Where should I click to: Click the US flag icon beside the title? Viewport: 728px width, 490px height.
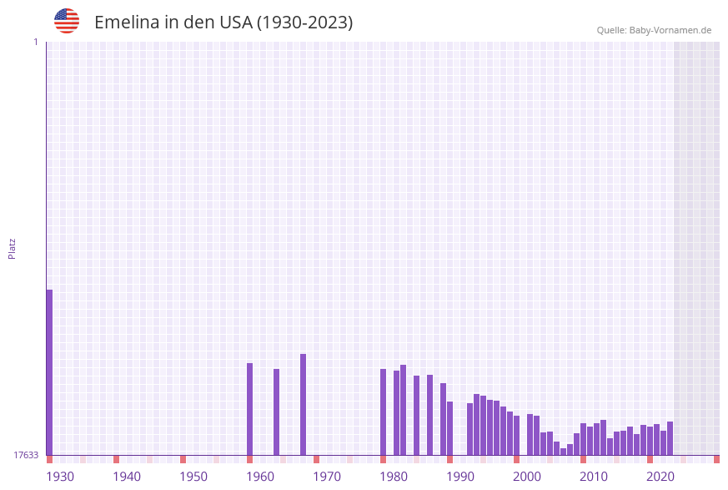pyautogui.click(x=67, y=21)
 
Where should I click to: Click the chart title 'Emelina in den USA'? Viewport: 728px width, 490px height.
pyautogui.click(x=223, y=23)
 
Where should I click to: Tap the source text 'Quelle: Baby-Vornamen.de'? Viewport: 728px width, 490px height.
pyautogui.click(x=654, y=30)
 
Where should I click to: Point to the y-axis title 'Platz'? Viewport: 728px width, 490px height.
pyautogui.click(x=13, y=248)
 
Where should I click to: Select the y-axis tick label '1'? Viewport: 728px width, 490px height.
pyautogui.click(x=35, y=42)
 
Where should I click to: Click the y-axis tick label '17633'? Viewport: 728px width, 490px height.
pyautogui.click(x=26, y=455)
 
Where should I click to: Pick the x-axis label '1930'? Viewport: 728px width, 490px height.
pyautogui.click(x=60, y=477)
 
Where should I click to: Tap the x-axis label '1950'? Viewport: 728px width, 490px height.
pyautogui.click(x=193, y=477)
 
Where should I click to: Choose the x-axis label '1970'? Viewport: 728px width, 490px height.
pyautogui.click(x=327, y=477)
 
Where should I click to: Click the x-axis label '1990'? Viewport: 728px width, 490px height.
pyautogui.click(x=460, y=477)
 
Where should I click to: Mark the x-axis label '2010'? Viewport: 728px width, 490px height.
pyautogui.click(x=594, y=477)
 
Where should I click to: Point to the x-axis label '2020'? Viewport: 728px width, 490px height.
pyautogui.click(x=660, y=477)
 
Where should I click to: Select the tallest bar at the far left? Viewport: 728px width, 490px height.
pyautogui.click(x=49, y=372)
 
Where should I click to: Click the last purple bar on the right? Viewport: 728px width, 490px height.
pyautogui.click(x=670, y=438)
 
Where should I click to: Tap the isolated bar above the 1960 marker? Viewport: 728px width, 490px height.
pyautogui.click(x=249, y=409)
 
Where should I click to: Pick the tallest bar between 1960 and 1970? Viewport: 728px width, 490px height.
pyautogui.click(x=303, y=405)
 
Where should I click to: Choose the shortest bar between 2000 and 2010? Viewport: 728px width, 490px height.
pyautogui.click(x=563, y=452)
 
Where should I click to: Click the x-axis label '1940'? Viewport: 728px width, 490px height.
pyautogui.click(x=127, y=477)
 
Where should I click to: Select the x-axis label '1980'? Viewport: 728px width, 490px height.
pyautogui.click(x=394, y=477)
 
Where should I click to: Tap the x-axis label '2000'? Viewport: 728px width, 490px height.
pyautogui.click(x=527, y=477)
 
